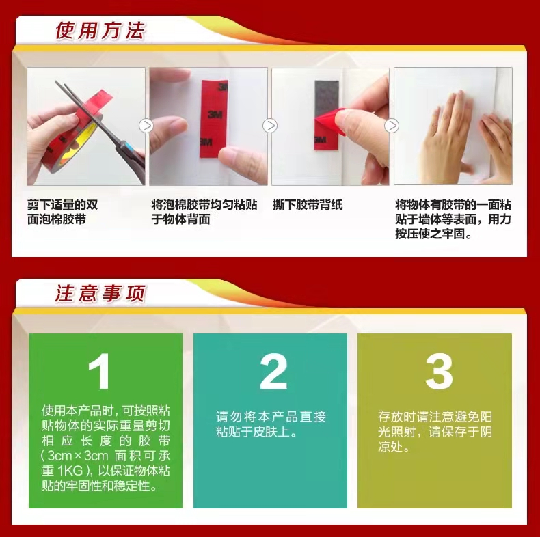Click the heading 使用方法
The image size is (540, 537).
coord(100,30)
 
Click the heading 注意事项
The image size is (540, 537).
coord(100,294)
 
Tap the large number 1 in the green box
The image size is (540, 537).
coord(100,371)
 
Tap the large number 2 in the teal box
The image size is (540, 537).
coord(273,371)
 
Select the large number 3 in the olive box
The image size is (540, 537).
coord(439,372)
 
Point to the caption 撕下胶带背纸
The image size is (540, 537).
coord(308,205)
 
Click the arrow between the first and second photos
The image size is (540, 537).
coord(146,126)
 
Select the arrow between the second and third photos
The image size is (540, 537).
coord(269,126)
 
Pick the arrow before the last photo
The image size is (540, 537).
coord(392,126)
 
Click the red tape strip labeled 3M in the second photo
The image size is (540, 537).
coord(214,118)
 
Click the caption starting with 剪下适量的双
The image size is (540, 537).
coord(62,212)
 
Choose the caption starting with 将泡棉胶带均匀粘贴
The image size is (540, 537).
coord(204,212)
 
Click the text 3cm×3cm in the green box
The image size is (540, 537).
coord(78,456)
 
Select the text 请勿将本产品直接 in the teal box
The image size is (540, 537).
coord(271,417)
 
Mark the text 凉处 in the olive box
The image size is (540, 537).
coord(390,446)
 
